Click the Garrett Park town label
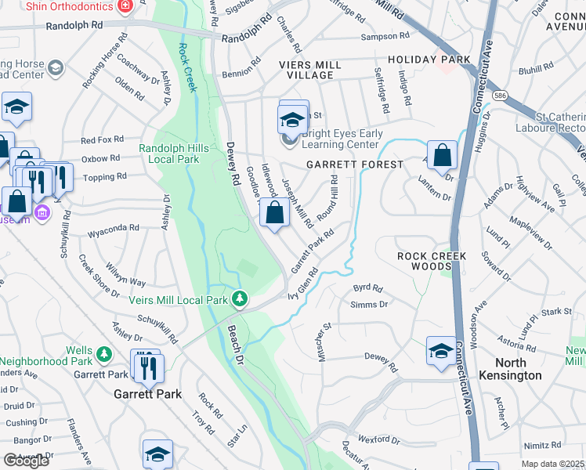click(147, 394)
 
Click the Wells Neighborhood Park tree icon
click(103, 355)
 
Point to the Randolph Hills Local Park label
click(169, 154)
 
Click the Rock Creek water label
click(185, 66)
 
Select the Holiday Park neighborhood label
click(429, 60)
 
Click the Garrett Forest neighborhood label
click(354, 164)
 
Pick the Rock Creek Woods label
click(432, 262)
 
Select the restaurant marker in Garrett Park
click(146, 365)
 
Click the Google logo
click(26, 461)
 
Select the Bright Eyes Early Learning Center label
click(343, 139)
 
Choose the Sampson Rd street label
click(385, 37)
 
